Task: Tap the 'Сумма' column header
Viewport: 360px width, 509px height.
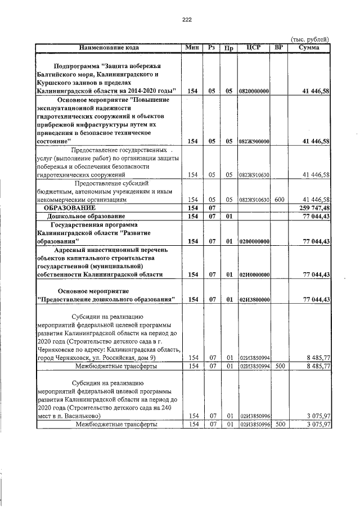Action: tap(309, 48)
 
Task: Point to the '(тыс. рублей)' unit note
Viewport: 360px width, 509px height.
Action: tap(309, 39)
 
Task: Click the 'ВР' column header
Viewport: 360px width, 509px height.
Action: tap(278, 48)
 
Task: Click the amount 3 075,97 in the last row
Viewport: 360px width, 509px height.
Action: tap(317, 424)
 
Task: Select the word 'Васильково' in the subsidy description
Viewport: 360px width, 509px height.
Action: tap(82, 416)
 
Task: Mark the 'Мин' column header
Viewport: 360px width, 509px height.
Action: tap(192, 48)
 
